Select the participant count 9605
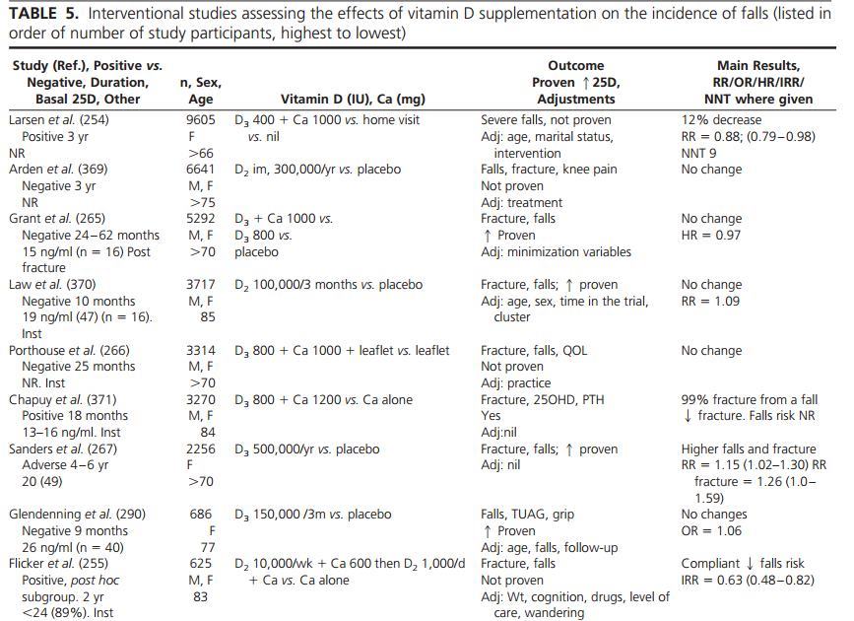point(201,119)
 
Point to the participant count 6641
point(201,169)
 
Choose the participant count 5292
point(201,218)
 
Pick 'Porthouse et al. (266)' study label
point(69,350)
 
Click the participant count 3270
point(201,399)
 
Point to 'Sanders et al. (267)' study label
point(63,448)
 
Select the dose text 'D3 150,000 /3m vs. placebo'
point(313,514)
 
